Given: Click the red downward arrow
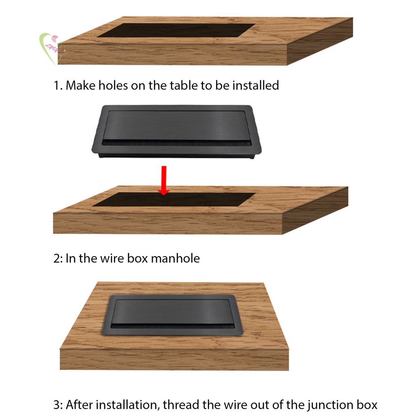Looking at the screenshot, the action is [164, 180].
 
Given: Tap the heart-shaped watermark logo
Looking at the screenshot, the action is [51, 48].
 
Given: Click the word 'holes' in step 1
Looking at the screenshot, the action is [113, 86].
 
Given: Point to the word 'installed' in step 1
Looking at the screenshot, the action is [256, 86].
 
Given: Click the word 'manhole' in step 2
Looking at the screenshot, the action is [175, 258].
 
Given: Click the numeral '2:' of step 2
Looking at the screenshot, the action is [58, 259].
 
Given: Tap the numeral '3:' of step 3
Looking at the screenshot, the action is [58, 405].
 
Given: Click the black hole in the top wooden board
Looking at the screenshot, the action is [176, 30].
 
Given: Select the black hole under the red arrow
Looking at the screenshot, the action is [174, 199].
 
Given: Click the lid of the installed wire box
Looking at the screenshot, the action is [173, 312].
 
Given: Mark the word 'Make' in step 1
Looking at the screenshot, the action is [81, 86].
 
